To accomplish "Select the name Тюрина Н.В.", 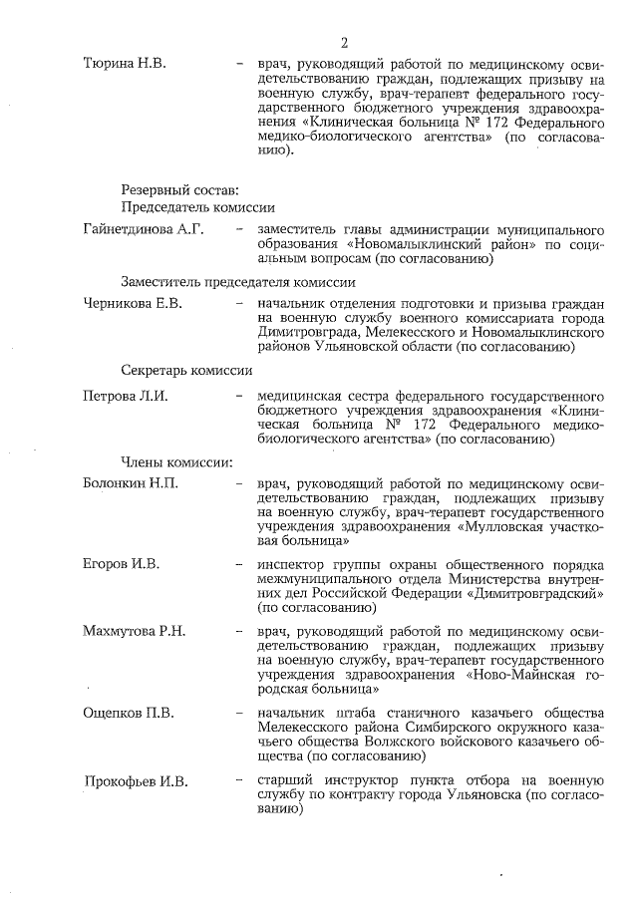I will coord(125,65).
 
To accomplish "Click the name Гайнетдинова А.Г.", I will coord(143,230).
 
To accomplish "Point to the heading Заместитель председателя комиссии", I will coord(238,282).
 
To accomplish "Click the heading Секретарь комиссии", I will coord(186,370).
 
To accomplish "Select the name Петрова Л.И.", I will coord(125,396).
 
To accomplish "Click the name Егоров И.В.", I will coord(120,564).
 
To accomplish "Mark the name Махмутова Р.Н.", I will coord(134,632).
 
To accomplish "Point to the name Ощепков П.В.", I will coord(128,713).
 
